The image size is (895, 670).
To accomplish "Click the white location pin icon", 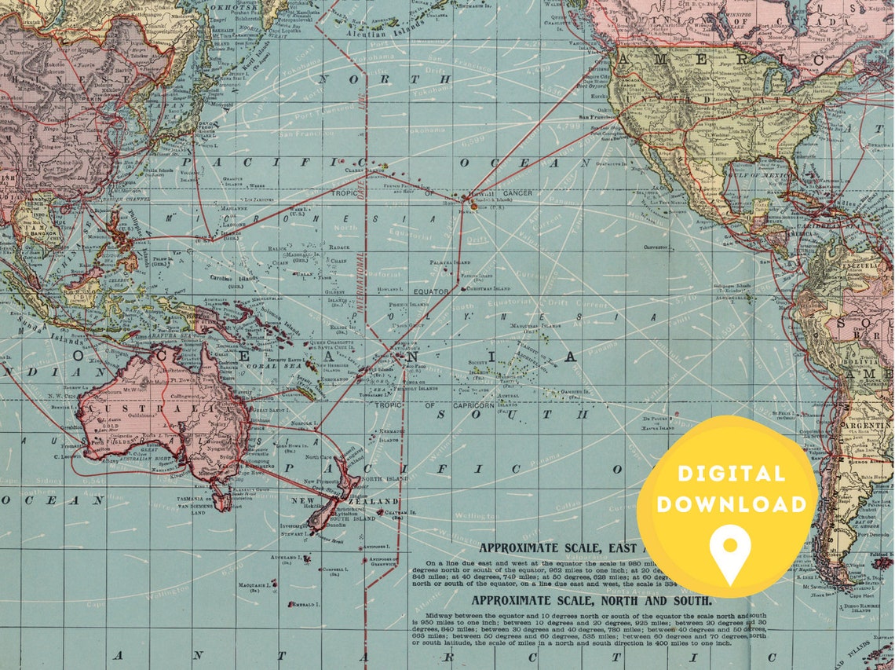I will coord(730,551).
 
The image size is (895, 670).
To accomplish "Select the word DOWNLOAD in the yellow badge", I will coord(731,503).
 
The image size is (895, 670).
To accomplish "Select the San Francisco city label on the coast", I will coord(597,117).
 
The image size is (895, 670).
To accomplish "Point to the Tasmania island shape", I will coord(222,496).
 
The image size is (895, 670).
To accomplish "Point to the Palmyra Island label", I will coord(451,261).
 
